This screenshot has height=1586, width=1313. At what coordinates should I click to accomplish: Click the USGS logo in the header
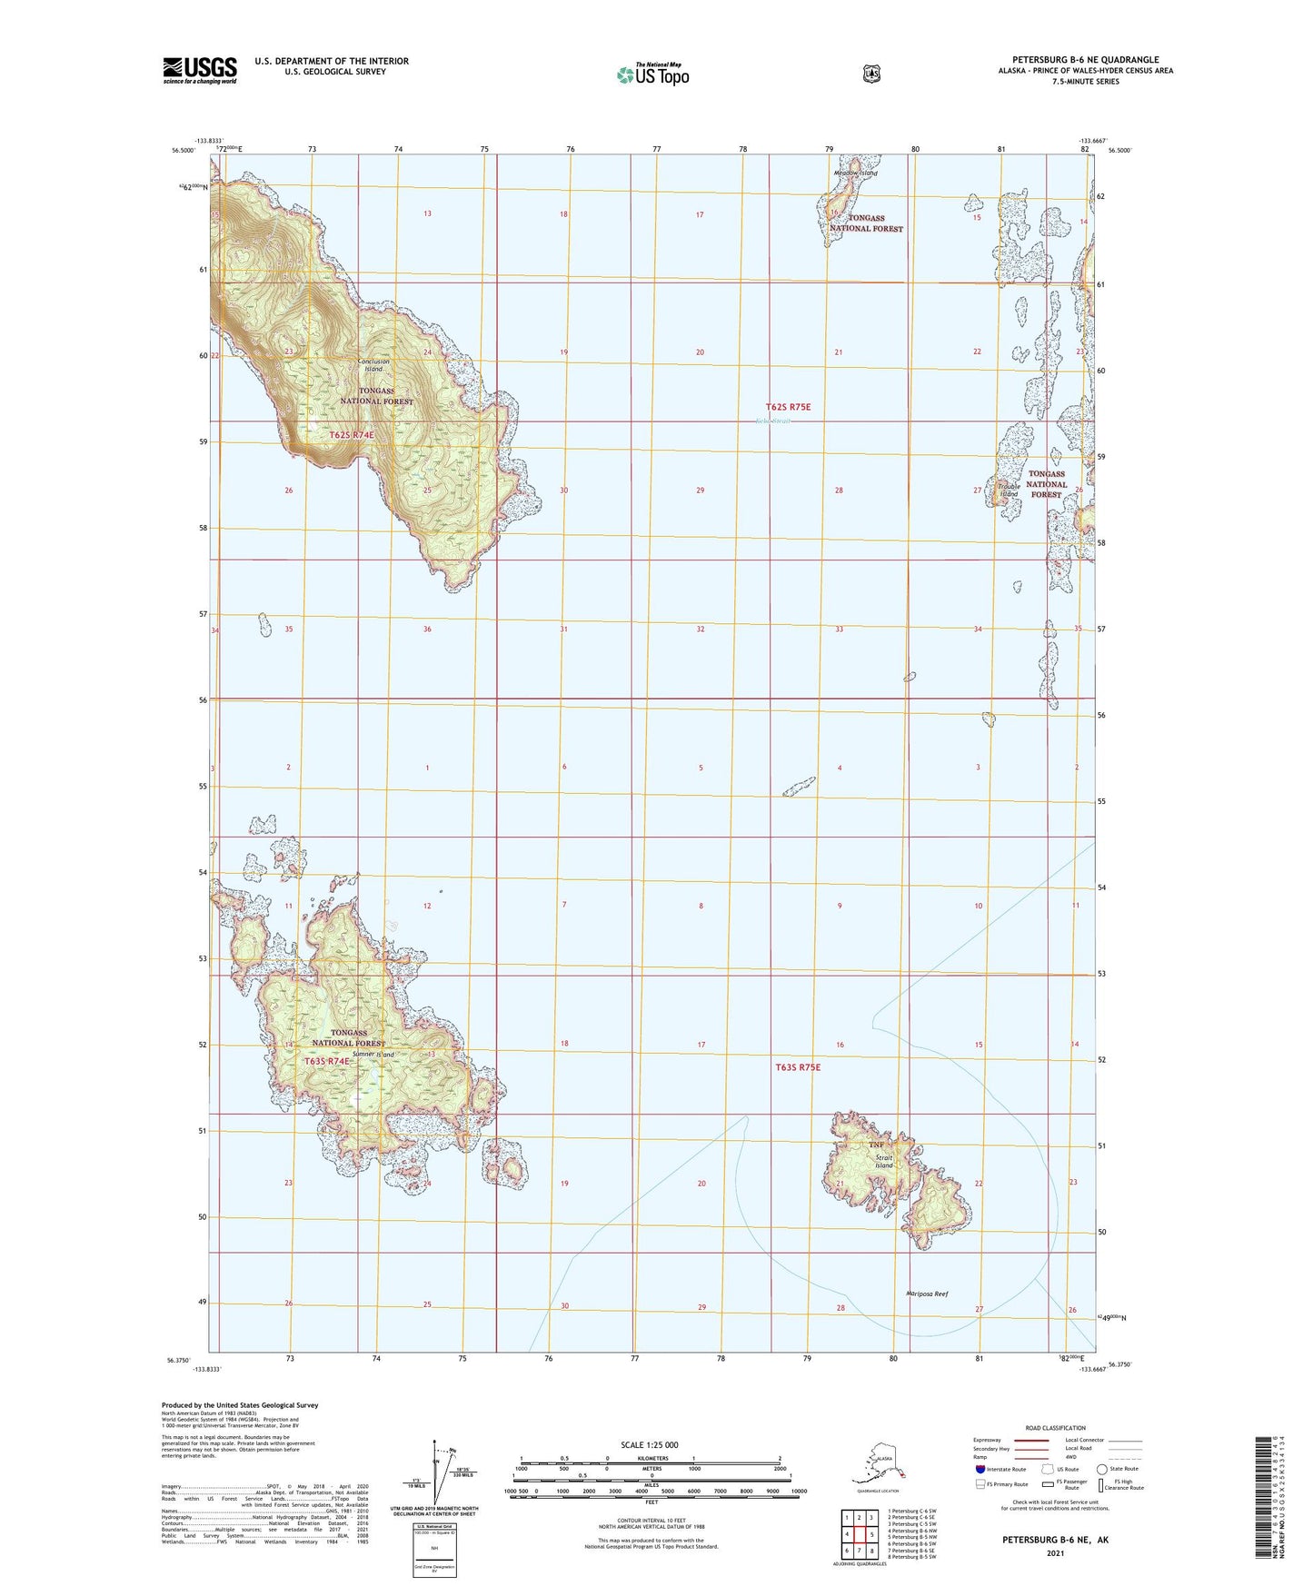click(200, 69)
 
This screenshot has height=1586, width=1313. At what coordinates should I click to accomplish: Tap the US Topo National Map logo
click(652, 74)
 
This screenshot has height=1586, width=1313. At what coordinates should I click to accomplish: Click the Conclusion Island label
click(373, 365)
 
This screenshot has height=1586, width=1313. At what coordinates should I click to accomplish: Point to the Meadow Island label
click(856, 173)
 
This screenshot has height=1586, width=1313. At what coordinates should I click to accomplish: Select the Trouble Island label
click(1008, 491)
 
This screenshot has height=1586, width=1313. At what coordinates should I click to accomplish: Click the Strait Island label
click(883, 1161)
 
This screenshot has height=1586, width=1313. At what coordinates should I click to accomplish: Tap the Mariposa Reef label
click(927, 1294)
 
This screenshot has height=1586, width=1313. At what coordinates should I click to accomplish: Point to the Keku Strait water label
click(773, 421)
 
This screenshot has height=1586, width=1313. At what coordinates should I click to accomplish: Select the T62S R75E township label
click(788, 407)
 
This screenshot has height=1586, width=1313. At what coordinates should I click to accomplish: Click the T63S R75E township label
click(798, 1067)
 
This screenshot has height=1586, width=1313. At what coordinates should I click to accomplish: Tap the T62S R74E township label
click(352, 435)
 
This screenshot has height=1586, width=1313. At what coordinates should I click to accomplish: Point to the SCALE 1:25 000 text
click(649, 1444)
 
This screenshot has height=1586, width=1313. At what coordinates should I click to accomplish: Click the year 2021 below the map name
click(1054, 1552)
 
